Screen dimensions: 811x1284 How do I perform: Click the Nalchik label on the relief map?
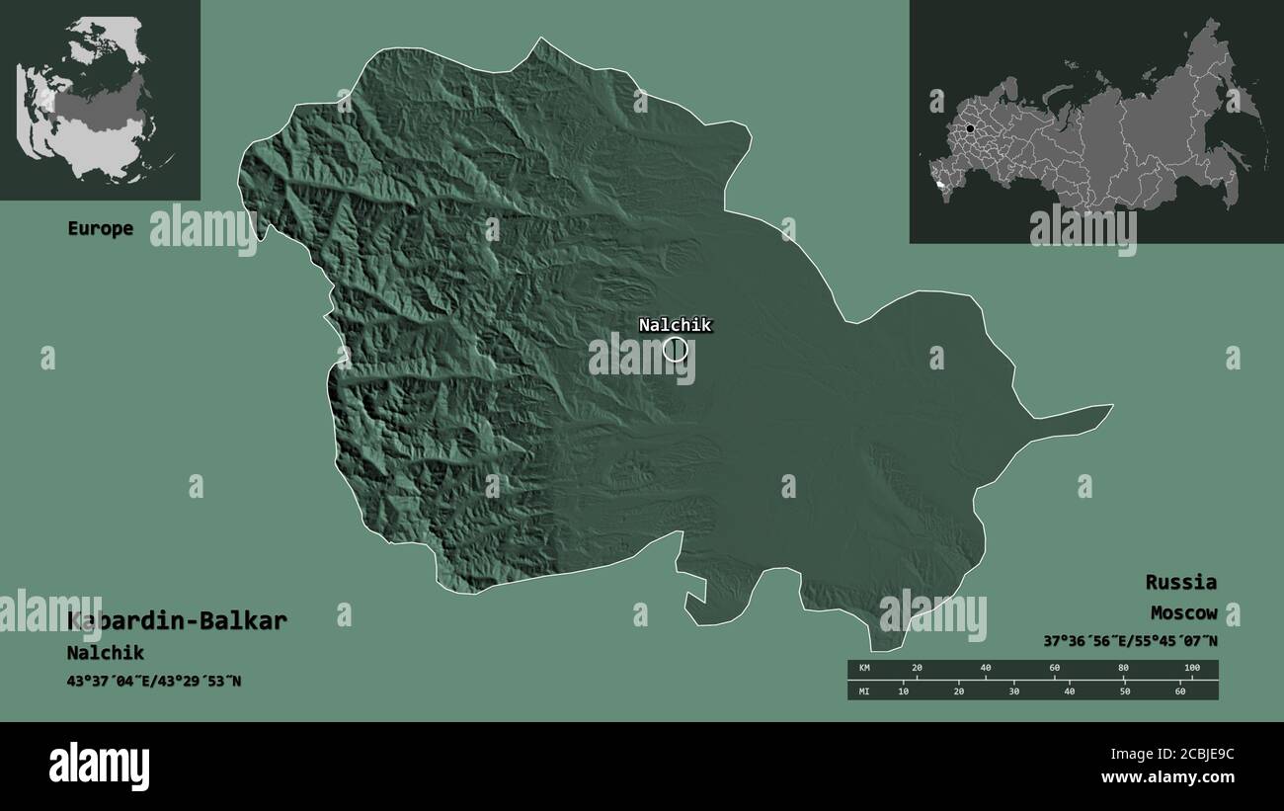pyautogui.click(x=675, y=325)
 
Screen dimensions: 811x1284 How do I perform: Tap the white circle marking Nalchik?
pyautogui.click(x=675, y=349)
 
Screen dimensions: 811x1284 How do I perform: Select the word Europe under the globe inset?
pyautogui.click(x=100, y=228)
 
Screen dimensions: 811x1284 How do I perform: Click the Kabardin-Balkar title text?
pyautogui.click(x=178, y=621)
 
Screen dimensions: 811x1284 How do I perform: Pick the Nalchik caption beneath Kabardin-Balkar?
pyautogui.click(x=106, y=653)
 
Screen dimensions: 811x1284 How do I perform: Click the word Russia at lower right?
pyautogui.click(x=1181, y=582)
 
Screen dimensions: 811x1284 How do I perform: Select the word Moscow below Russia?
pyautogui.click(x=1183, y=613)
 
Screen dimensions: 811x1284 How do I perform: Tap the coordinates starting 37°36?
pyautogui.click(x=1130, y=641)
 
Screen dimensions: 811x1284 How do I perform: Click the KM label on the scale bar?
pyautogui.click(x=864, y=669)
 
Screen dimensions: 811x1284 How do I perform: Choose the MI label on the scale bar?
pyautogui.click(x=864, y=691)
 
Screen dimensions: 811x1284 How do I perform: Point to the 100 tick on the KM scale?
pyautogui.click(x=1191, y=669)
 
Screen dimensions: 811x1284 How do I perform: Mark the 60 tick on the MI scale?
pyautogui.click(x=1179, y=691)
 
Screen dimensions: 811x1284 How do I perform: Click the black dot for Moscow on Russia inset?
pyautogui.click(x=970, y=128)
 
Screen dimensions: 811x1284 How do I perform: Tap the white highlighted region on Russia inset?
pyautogui.click(x=936, y=184)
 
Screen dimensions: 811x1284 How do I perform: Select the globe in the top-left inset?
pyautogui.click(x=89, y=99)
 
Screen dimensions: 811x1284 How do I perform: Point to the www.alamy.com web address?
pyautogui.click(x=1167, y=777)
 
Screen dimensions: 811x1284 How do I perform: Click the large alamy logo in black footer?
pyautogui.click(x=99, y=766)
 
